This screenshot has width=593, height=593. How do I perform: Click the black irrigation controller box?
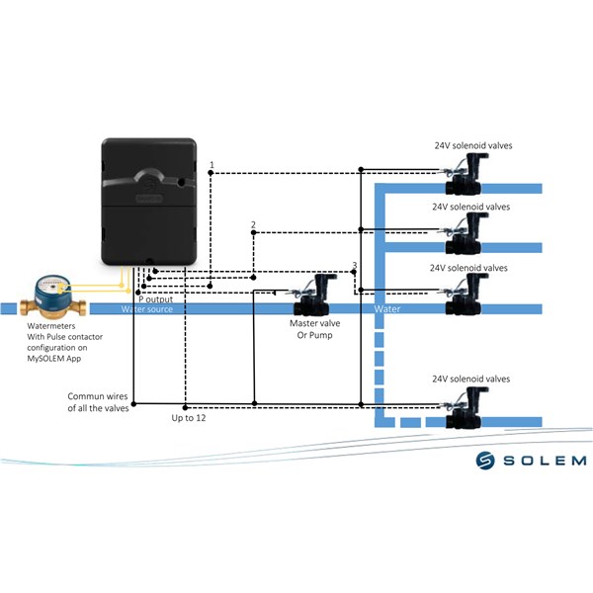pos(149,202)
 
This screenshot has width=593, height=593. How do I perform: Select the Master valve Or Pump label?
pos(314,329)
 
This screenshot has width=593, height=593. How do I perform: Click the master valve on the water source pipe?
pos(314,296)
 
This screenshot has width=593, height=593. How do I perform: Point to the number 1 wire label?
pos(212,165)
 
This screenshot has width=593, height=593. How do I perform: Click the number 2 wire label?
pos(253,224)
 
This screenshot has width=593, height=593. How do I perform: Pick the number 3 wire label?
pos(355,265)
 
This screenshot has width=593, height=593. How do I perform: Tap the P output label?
pos(155,299)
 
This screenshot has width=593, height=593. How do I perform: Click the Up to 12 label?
pos(189,418)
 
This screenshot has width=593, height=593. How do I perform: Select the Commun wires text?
pos(98,396)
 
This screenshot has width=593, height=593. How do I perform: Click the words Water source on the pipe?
pos(146,309)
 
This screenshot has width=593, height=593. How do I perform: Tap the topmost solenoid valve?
pos(465,174)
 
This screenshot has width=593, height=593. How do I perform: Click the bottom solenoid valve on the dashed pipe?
pos(465,408)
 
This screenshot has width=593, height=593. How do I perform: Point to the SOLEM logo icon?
pos(485,461)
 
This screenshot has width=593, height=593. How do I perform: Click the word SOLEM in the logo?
pos(545,461)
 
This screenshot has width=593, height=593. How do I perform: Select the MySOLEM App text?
pos(54,358)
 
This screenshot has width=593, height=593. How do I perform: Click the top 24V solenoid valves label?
pos(473,145)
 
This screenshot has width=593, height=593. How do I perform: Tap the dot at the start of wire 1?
pos(211,173)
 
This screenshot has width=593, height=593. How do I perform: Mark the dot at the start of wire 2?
pos(253,232)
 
